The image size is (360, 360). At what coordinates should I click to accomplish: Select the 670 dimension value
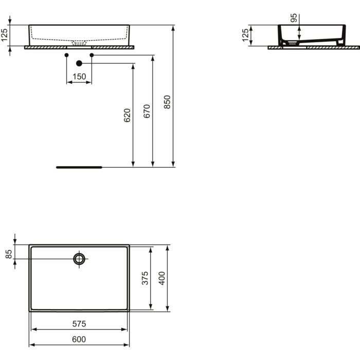tap(147, 112)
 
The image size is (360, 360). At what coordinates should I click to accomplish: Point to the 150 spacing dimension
tap(79, 76)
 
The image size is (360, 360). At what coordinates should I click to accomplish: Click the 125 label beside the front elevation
tap(5, 35)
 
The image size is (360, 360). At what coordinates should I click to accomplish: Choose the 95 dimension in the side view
tap(294, 19)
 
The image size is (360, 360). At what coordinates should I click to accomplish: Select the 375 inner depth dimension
tap(146, 278)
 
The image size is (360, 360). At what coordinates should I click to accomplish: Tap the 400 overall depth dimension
tap(162, 278)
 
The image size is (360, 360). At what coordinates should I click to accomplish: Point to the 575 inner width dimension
tap(79, 324)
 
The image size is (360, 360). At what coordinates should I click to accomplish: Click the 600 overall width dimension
tap(79, 339)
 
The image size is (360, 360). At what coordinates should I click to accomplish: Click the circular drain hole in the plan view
tap(79, 259)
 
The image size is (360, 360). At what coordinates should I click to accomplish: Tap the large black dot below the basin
tap(79, 63)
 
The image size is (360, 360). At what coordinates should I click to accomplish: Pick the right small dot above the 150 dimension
tap(92, 55)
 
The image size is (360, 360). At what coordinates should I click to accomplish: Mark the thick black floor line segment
tap(80, 167)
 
